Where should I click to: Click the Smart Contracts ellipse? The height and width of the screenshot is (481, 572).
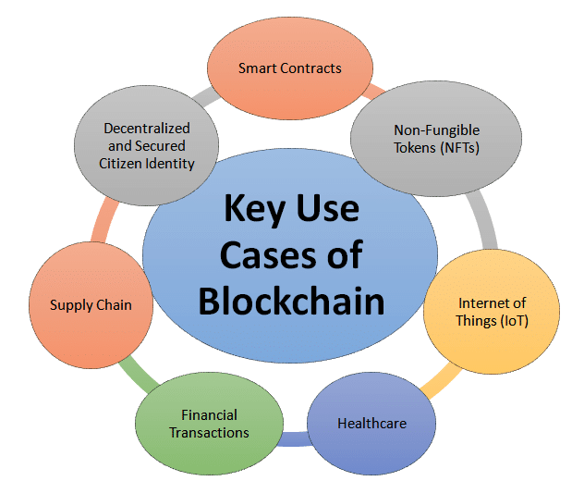point(289,68)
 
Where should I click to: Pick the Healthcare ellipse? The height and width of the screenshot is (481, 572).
point(371,424)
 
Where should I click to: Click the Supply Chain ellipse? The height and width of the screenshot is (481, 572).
point(91,305)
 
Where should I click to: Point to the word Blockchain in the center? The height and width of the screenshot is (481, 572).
point(290,299)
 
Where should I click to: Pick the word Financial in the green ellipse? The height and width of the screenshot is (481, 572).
point(209,414)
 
